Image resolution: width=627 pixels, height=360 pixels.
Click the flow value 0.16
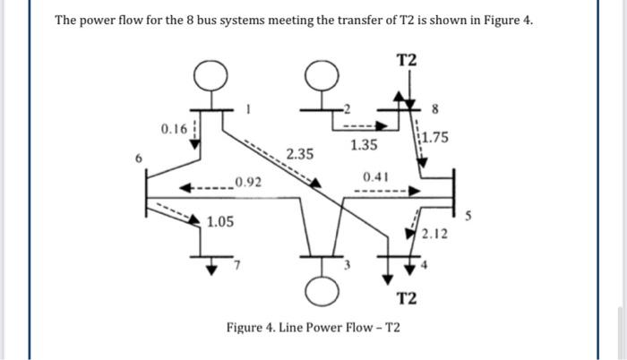(x=175, y=130)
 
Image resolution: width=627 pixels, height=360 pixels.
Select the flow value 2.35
(x=299, y=154)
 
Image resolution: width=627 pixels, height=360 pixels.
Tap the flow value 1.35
(x=364, y=144)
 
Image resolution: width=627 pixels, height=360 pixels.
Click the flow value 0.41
(x=375, y=176)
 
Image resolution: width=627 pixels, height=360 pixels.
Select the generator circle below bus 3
(x=319, y=291)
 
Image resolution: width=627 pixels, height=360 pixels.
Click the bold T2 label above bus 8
(x=407, y=60)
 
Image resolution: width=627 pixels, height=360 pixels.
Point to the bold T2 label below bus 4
(x=407, y=296)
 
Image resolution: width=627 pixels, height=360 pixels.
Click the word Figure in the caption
(x=247, y=328)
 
